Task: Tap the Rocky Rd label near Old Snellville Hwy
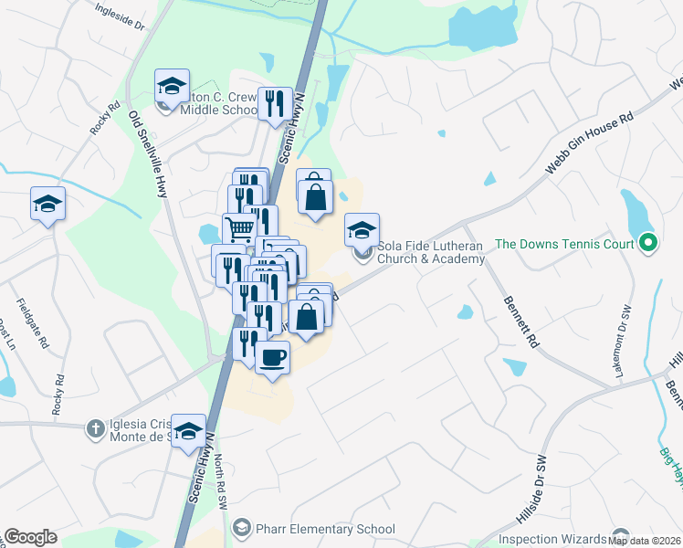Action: [x=105, y=117]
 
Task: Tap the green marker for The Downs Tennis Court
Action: [x=647, y=243]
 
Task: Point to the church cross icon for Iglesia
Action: [x=95, y=427]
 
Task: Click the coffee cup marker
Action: [x=273, y=356]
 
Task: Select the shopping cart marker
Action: [x=239, y=229]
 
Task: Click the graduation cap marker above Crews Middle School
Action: [x=172, y=86]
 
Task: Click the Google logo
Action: [x=30, y=537]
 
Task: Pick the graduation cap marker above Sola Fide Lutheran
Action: [x=363, y=229]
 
